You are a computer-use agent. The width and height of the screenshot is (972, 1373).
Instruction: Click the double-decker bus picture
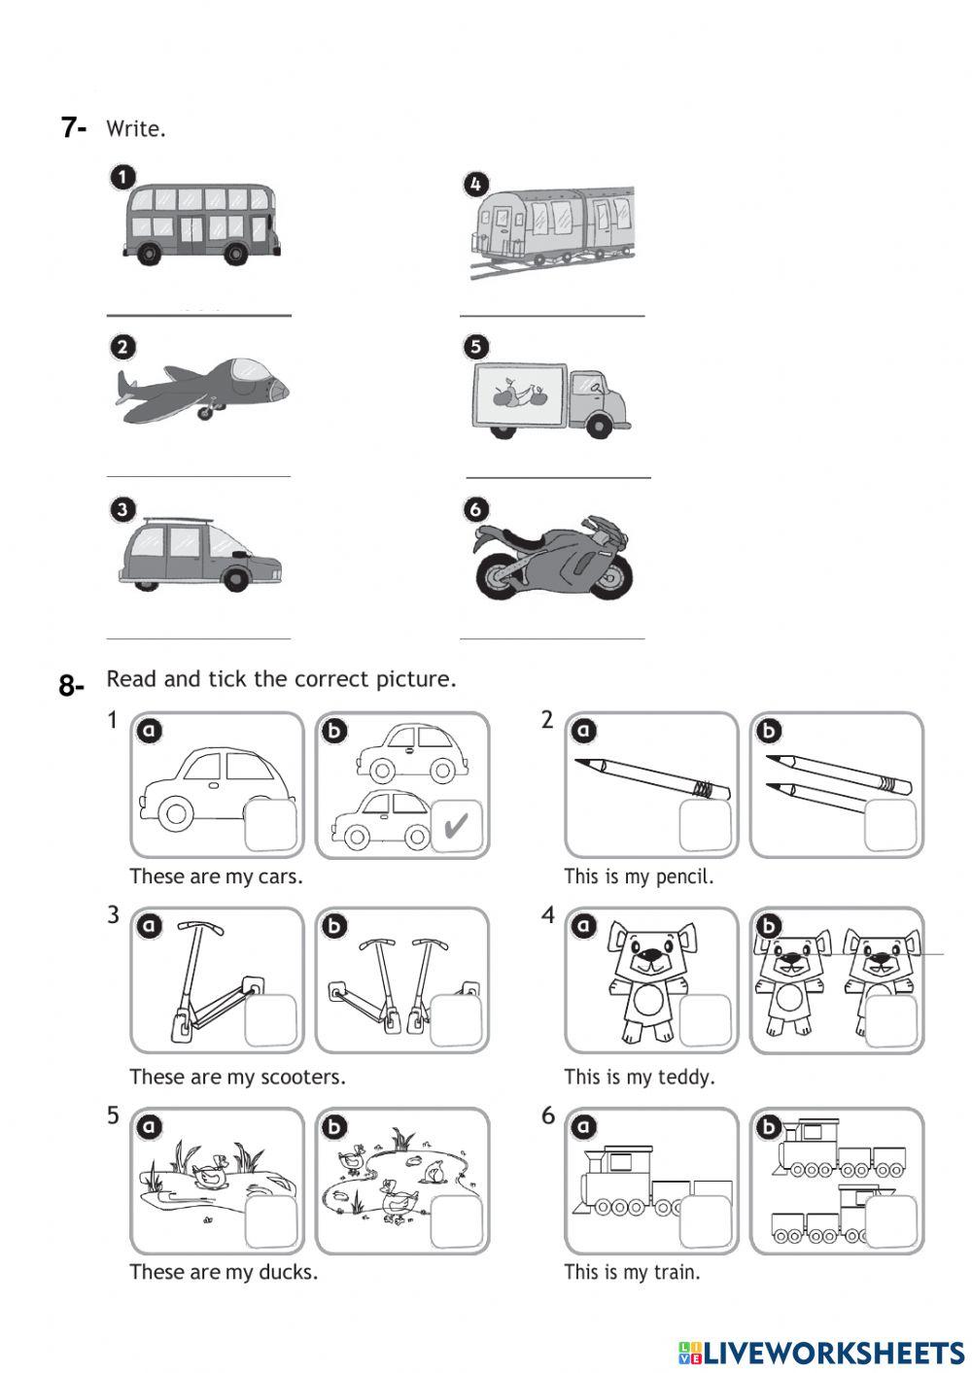pos(202,223)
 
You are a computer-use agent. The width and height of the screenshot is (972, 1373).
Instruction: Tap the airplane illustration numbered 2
pos(204,390)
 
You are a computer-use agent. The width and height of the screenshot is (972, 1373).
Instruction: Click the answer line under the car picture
pos(198,637)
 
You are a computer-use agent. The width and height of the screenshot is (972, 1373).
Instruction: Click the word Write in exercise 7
pos(134,128)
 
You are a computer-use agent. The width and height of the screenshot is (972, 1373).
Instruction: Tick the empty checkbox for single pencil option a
pos(705,825)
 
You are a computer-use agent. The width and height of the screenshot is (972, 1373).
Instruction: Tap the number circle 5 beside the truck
pos(475,346)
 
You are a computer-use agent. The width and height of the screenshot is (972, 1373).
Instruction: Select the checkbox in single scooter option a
pos(270,1020)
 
